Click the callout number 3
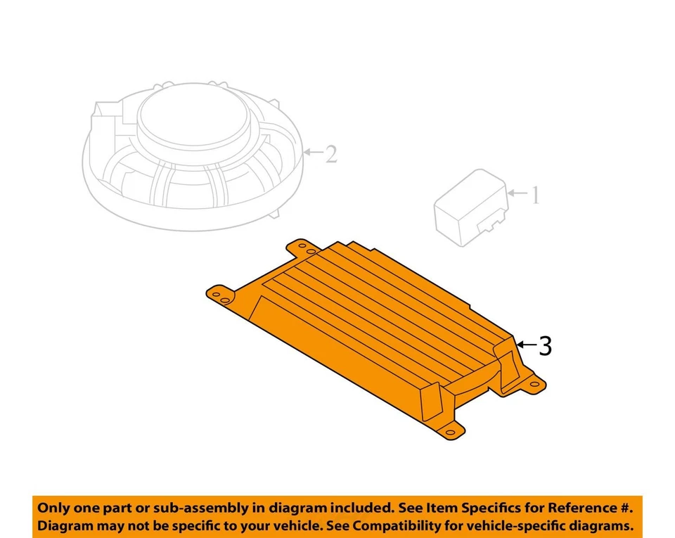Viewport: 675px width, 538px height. click(544, 346)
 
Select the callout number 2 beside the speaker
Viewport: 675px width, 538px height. click(330, 154)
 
